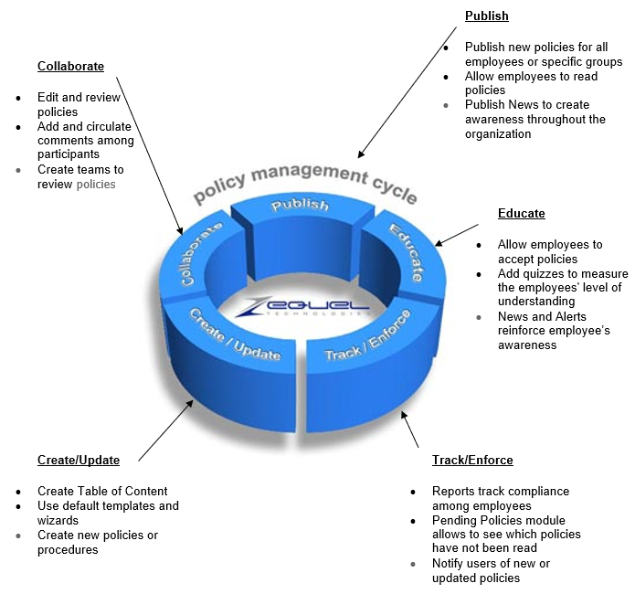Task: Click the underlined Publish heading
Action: tap(486, 16)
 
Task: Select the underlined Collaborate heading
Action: tap(70, 66)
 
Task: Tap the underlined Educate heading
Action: tap(521, 213)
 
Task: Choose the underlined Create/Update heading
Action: tap(79, 460)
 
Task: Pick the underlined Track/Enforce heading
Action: tap(472, 460)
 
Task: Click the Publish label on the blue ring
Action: tap(300, 205)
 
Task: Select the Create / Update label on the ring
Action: tap(235, 334)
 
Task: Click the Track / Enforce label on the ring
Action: tap(367, 335)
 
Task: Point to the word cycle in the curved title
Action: tap(395, 190)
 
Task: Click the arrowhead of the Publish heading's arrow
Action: tap(360, 154)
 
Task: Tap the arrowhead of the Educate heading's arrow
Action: tap(439, 243)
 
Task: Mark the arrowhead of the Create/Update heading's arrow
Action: tap(189, 404)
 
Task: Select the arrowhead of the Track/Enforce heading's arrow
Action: tap(404, 415)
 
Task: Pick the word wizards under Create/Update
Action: tap(58, 520)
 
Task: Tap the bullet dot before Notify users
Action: tap(413, 564)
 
